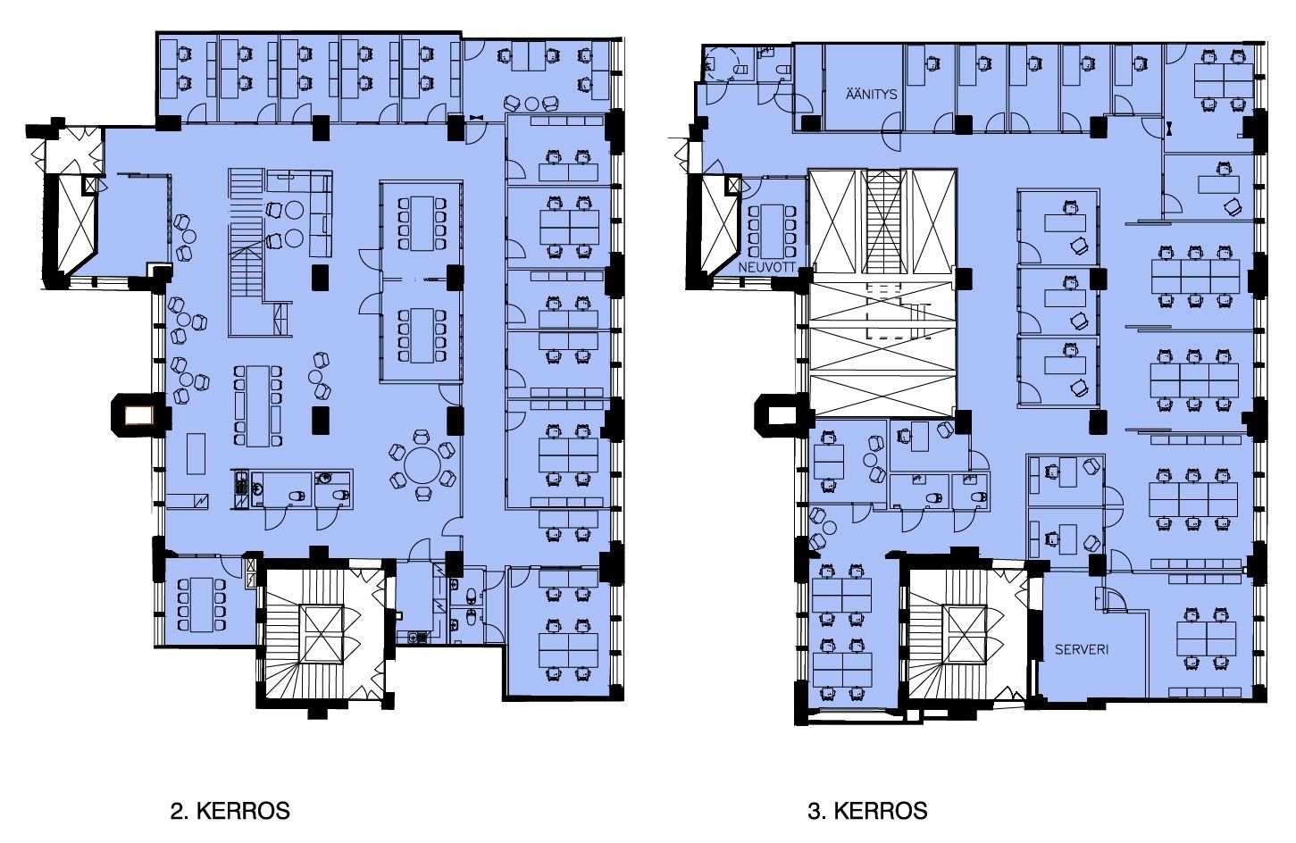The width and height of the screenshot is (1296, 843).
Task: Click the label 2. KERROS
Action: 230,811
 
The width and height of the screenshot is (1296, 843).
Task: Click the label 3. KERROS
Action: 867,811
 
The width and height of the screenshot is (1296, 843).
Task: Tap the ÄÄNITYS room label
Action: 871,94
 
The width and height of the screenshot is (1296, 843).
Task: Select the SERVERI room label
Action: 1082,649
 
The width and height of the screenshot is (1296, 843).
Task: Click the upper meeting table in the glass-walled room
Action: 422,223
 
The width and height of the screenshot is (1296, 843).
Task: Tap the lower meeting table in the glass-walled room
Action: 422,336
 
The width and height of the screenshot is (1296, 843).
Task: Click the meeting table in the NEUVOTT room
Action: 772,231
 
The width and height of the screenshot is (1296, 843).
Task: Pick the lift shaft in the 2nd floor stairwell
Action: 323,634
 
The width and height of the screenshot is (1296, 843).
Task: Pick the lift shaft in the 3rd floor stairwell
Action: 964,634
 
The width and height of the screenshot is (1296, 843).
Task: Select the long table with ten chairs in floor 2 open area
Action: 258,406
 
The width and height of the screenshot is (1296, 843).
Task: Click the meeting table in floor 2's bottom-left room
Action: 202,605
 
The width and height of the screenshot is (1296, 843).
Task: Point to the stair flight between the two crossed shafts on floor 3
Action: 883,221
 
